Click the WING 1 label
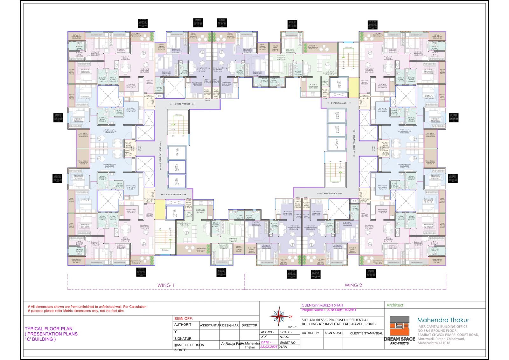pyautogui.click(x=166, y=285)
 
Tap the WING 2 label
pyautogui.click(x=353, y=285)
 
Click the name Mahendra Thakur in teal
pyautogui.click(x=443, y=320)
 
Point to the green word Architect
pyautogui.click(x=395, y=305)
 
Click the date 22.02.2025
pyautogui.click(x=269, y=347)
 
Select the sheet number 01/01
pyautogui.click(x=283, y=347)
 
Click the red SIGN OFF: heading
pyautogui.click(x=184, y=318)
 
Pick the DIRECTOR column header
pyautogui.click(x=249, y=325)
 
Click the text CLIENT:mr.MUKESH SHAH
pyautogui.click(x=322, y=305)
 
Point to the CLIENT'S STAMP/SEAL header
pyautogui.click(x=366, y=333)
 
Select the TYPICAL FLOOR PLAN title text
pyautogui.click(x=49, y=329)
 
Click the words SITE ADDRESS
pyautogui.click(x=312, y=320)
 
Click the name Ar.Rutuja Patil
pyautogui.click(x=231, y=343)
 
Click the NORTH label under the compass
pyautogui.click(x=292, y=327)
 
